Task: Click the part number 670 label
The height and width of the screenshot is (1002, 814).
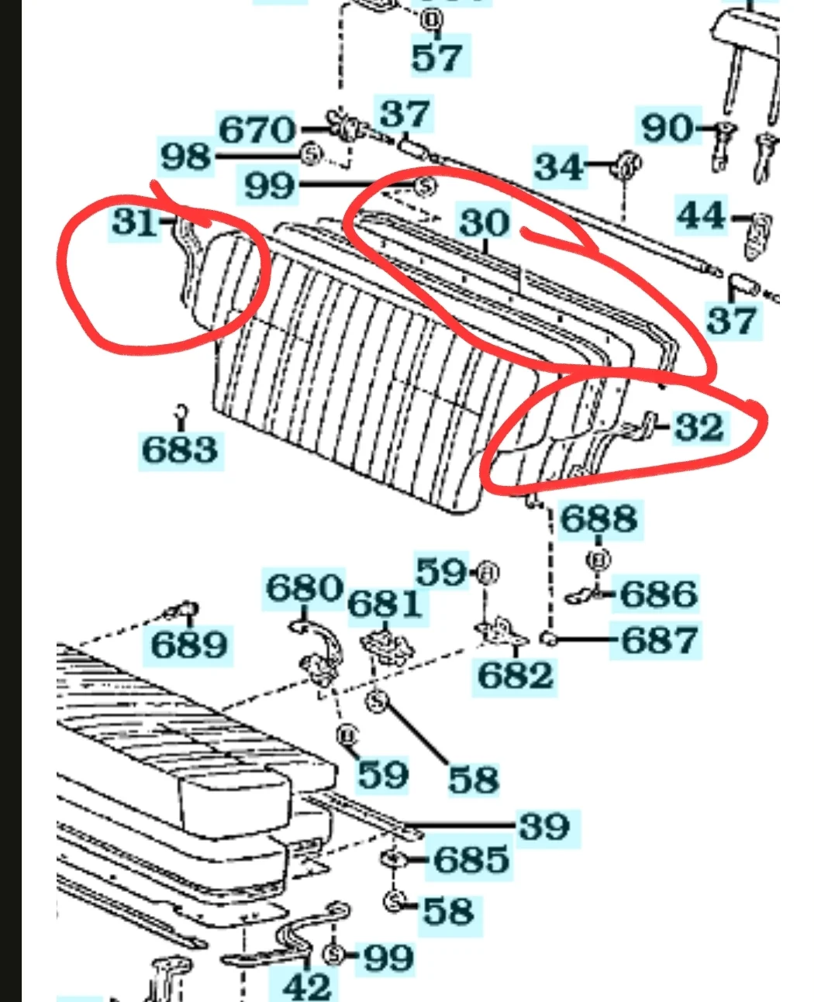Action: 257,129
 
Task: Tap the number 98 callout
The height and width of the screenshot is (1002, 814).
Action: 186,157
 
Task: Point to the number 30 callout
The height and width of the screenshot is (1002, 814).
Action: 485,222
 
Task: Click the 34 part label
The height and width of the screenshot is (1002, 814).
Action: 558,167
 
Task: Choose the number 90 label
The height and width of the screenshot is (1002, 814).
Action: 667,128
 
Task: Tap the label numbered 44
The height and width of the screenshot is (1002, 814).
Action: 702,216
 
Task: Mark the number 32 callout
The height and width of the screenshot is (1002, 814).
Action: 699,427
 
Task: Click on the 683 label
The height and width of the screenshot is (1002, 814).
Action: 180,449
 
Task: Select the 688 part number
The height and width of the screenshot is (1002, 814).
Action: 599,519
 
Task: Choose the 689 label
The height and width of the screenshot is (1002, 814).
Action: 189,645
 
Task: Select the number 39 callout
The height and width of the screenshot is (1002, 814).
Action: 545,826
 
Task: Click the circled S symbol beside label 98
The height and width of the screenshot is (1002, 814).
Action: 312,154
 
